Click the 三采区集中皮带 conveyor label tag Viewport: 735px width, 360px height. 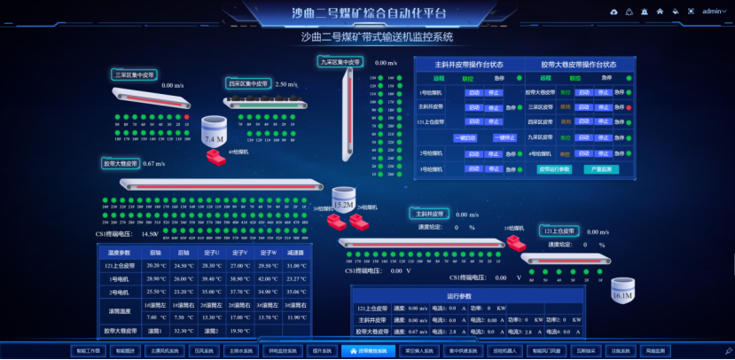(135, 75)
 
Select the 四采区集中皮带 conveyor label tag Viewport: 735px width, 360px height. (248, 83)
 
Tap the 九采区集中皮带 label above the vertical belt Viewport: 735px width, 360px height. (341, 62)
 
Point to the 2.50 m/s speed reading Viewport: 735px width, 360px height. (286, 84)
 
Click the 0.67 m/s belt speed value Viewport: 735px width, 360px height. (154, 164)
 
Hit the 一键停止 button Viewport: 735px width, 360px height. (504, 137)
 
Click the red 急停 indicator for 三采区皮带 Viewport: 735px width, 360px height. (629, 107)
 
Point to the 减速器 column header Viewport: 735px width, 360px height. (297, 253)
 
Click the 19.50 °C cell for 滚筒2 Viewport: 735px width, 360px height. (239, 330)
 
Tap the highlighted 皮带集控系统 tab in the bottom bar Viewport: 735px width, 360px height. (364, 350)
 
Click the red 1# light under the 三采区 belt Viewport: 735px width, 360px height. (187, 115)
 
